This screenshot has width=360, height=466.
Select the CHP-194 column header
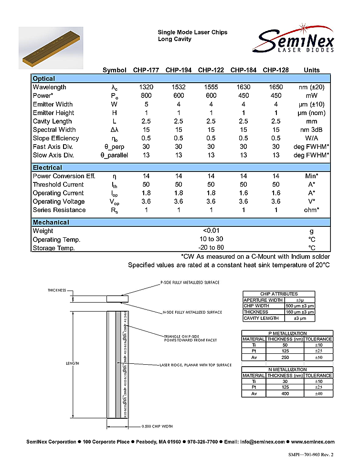pos(179,70)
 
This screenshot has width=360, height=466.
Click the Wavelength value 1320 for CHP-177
pos(146,87)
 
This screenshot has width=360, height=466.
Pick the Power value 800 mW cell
pos(146,96)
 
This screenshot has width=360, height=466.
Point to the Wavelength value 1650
pos(275,87)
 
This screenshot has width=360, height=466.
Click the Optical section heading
pos(44,79)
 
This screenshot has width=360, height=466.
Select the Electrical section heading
pos(47,168)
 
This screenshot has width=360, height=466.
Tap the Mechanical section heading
pos(51,222)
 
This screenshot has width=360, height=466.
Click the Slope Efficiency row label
pos(56,138)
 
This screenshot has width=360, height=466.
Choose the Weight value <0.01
pos(211,231)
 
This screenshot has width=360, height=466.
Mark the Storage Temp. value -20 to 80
pos(211,248)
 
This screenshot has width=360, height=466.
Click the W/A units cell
pos(312,138)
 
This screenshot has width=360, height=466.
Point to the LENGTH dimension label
pos(72,364)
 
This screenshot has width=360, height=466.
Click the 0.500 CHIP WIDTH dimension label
pos(157,426)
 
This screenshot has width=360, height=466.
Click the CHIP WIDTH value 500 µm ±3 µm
pos(299,306)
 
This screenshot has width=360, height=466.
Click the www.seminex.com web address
pos(313,442)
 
